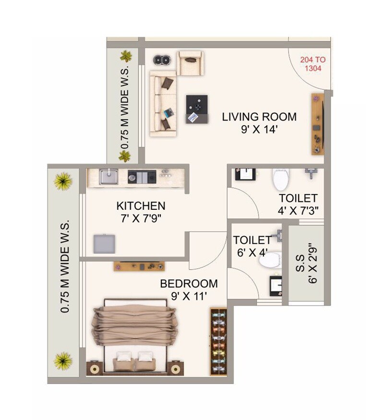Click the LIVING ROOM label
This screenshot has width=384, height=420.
point(259,117)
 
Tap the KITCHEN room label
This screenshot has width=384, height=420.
point(141,206)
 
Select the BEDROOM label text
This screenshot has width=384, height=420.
point(189,284)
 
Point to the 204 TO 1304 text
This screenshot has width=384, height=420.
point(312,64)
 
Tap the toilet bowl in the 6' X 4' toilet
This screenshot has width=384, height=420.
point(270,260)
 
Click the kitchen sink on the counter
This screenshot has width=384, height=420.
point(109,177)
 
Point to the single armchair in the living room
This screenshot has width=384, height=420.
point(191,62)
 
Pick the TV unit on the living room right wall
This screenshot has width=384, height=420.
point(317,124)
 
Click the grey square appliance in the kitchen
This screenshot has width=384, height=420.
point(105,244)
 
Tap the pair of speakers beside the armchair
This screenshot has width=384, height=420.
point(162,60)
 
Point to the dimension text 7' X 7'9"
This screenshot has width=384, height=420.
point(141,218)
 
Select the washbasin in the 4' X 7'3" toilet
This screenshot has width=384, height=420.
point(242,174)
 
